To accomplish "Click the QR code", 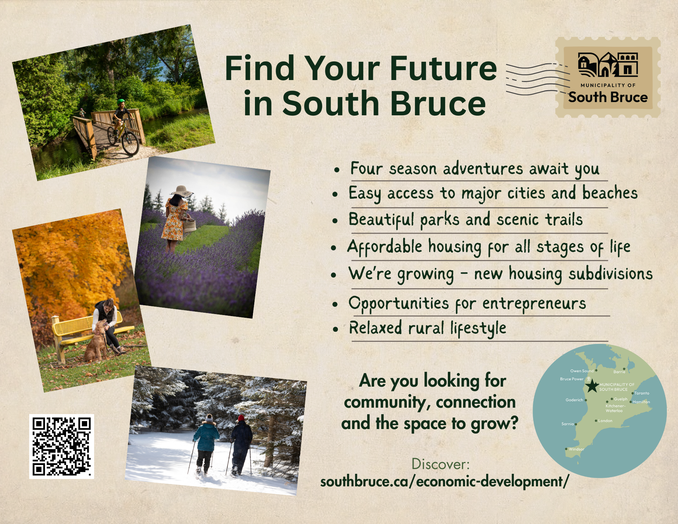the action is [61, 446].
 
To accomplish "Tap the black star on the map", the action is [592, 386].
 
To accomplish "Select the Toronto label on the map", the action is [642, 393].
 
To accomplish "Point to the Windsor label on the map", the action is [576, 449].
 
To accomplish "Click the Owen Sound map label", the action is [582, 371].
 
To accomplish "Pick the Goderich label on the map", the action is [574, 400].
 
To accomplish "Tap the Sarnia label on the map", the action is [567, 424].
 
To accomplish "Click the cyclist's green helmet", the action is [121, 101].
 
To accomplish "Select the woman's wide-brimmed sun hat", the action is [182, 191].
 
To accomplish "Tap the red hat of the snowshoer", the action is [241, 418].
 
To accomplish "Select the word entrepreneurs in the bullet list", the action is [534, 304].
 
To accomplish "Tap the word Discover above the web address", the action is [440, 464].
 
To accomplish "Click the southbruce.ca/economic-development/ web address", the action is [444, 482].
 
